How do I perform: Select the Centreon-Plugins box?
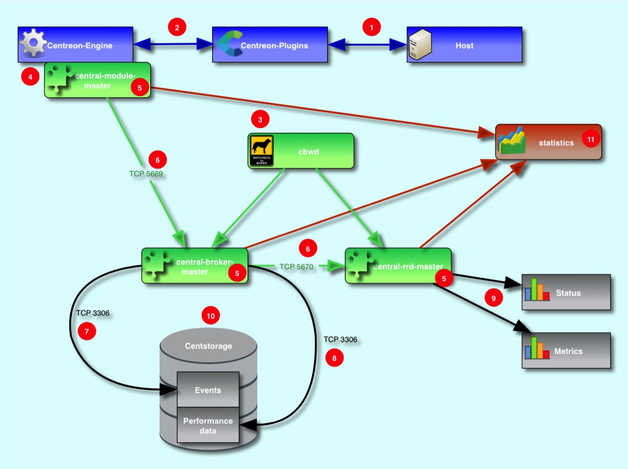click(270, 46)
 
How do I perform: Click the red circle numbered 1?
click(372, 27)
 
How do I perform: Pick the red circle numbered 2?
click(177, 27)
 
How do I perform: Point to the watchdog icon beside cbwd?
click(261, 151)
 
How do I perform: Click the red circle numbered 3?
click(260, 119)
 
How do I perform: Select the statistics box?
click(548, 142)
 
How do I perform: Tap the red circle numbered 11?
click(591, 139)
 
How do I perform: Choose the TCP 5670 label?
click(296, 266)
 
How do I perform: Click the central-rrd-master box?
click(398, 266)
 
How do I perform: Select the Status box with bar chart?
click(566, 292)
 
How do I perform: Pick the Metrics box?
click(566, 351)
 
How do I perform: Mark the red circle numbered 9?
click(492, 298)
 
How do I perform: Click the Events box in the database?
click(208, 389)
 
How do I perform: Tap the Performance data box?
click(208, 425)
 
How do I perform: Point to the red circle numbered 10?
click(211, 316)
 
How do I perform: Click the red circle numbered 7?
click(87, 331)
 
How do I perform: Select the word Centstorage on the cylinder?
click(208, 346)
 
